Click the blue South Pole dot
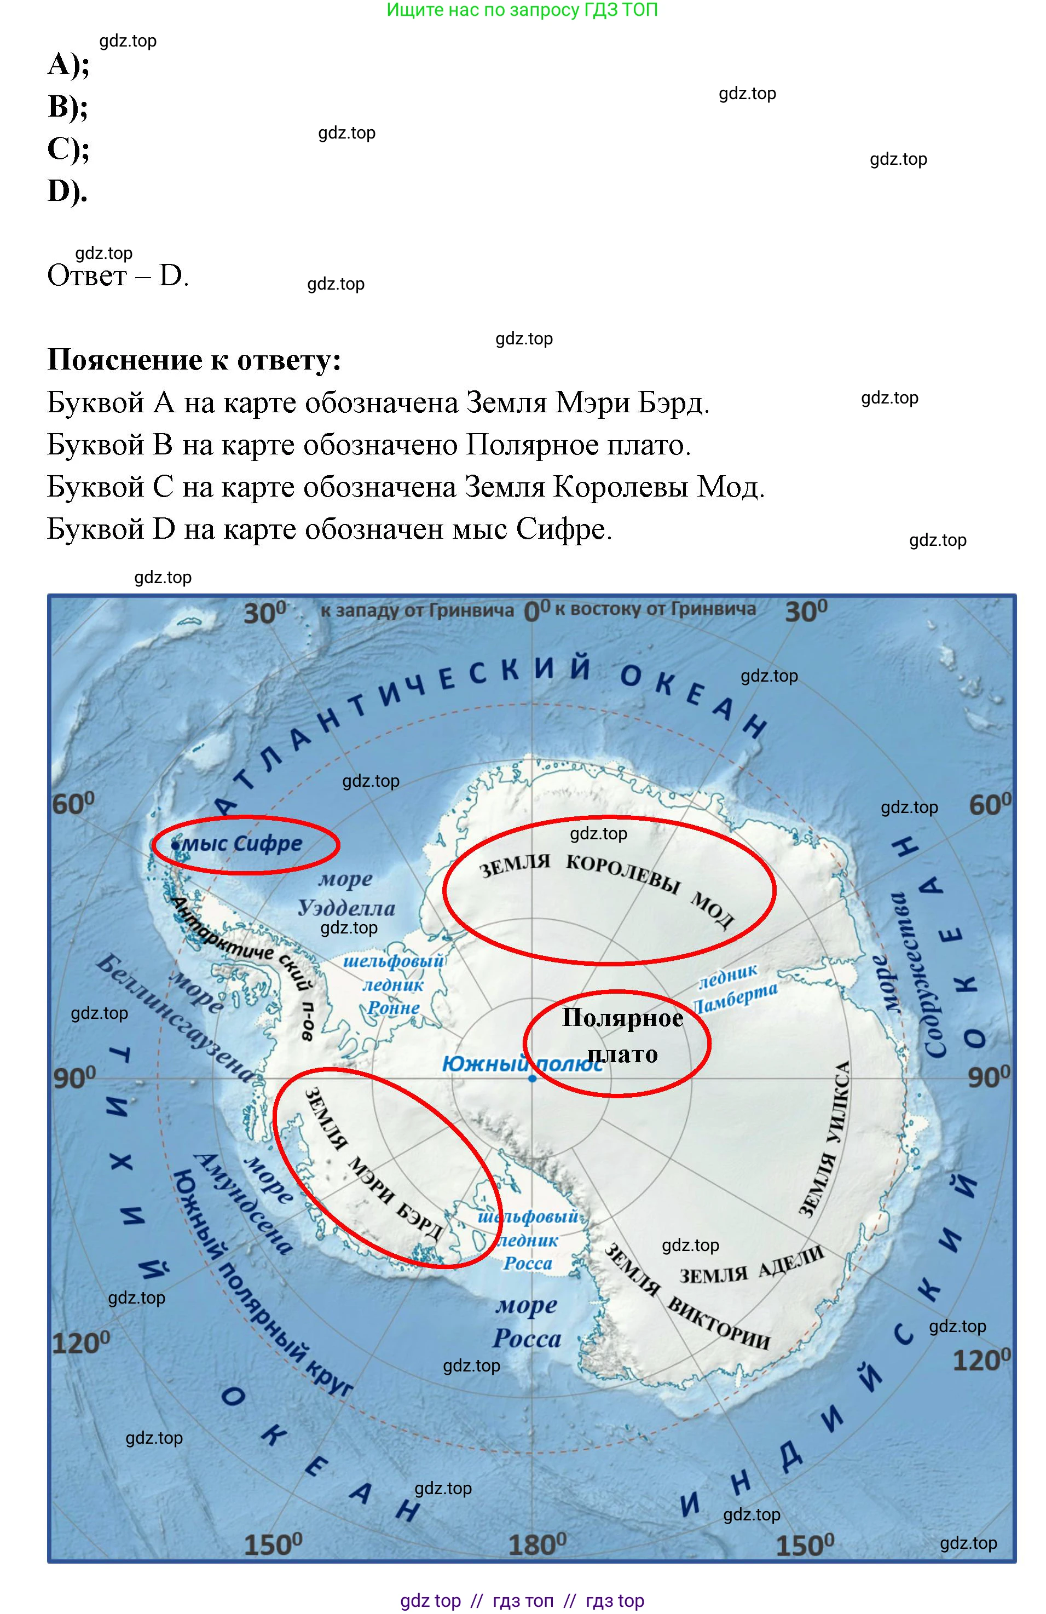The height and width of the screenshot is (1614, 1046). tap(532, 1077)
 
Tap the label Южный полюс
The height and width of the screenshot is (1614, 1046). tap(522, 1064)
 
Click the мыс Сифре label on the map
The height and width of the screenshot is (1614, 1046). tap(242, 844)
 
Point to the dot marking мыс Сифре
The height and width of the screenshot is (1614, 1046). tap(176, 846)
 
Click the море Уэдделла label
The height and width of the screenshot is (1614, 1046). tap(346, 894)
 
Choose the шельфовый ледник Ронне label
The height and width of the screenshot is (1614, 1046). tap(393, 985)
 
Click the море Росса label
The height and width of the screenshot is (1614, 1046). tap(527, 1322)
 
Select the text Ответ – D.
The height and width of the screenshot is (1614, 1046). tap(117, 276)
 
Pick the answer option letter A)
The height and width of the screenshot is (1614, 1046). tap(68, 65)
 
